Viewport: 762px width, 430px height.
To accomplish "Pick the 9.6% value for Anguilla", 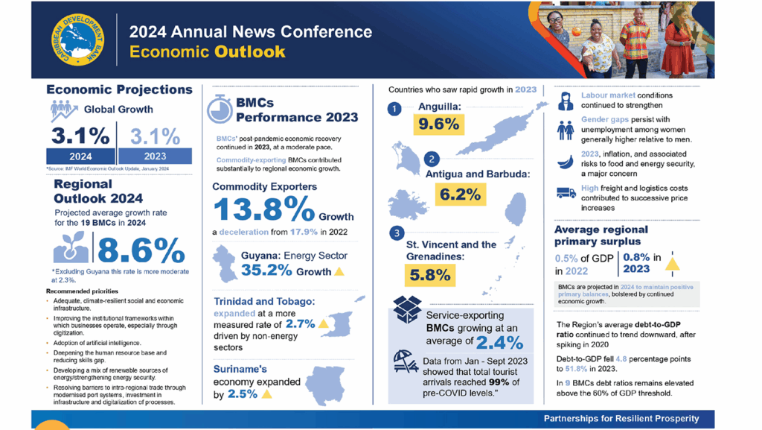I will click(438, 124).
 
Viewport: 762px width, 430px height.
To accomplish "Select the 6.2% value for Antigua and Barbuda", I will click(459, 194).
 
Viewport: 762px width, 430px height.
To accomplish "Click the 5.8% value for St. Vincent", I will click(429, 274).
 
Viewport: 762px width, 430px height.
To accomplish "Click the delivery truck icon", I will click(566, 193).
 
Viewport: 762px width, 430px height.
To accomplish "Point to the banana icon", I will click(566, 159).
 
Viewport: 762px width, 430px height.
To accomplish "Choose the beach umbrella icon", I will click(405, 363).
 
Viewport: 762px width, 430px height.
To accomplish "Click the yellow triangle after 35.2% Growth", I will click(339, 272).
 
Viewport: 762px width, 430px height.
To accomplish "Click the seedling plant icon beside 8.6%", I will click(71, 248).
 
